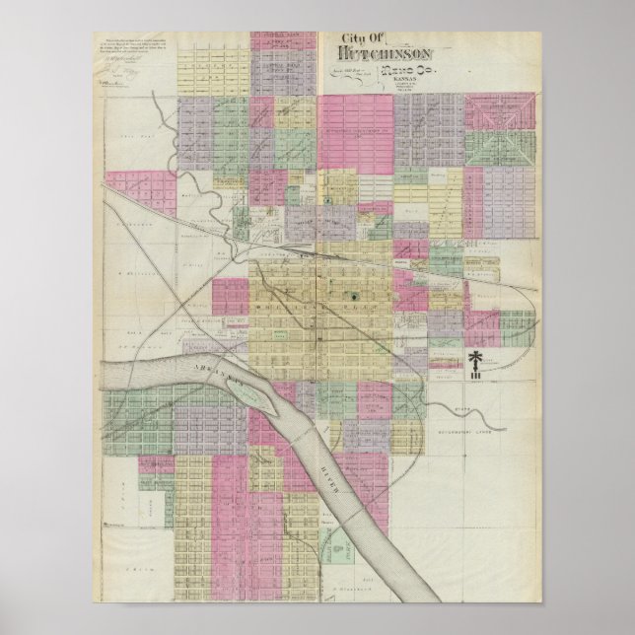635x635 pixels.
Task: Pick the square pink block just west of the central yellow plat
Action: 230,295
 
